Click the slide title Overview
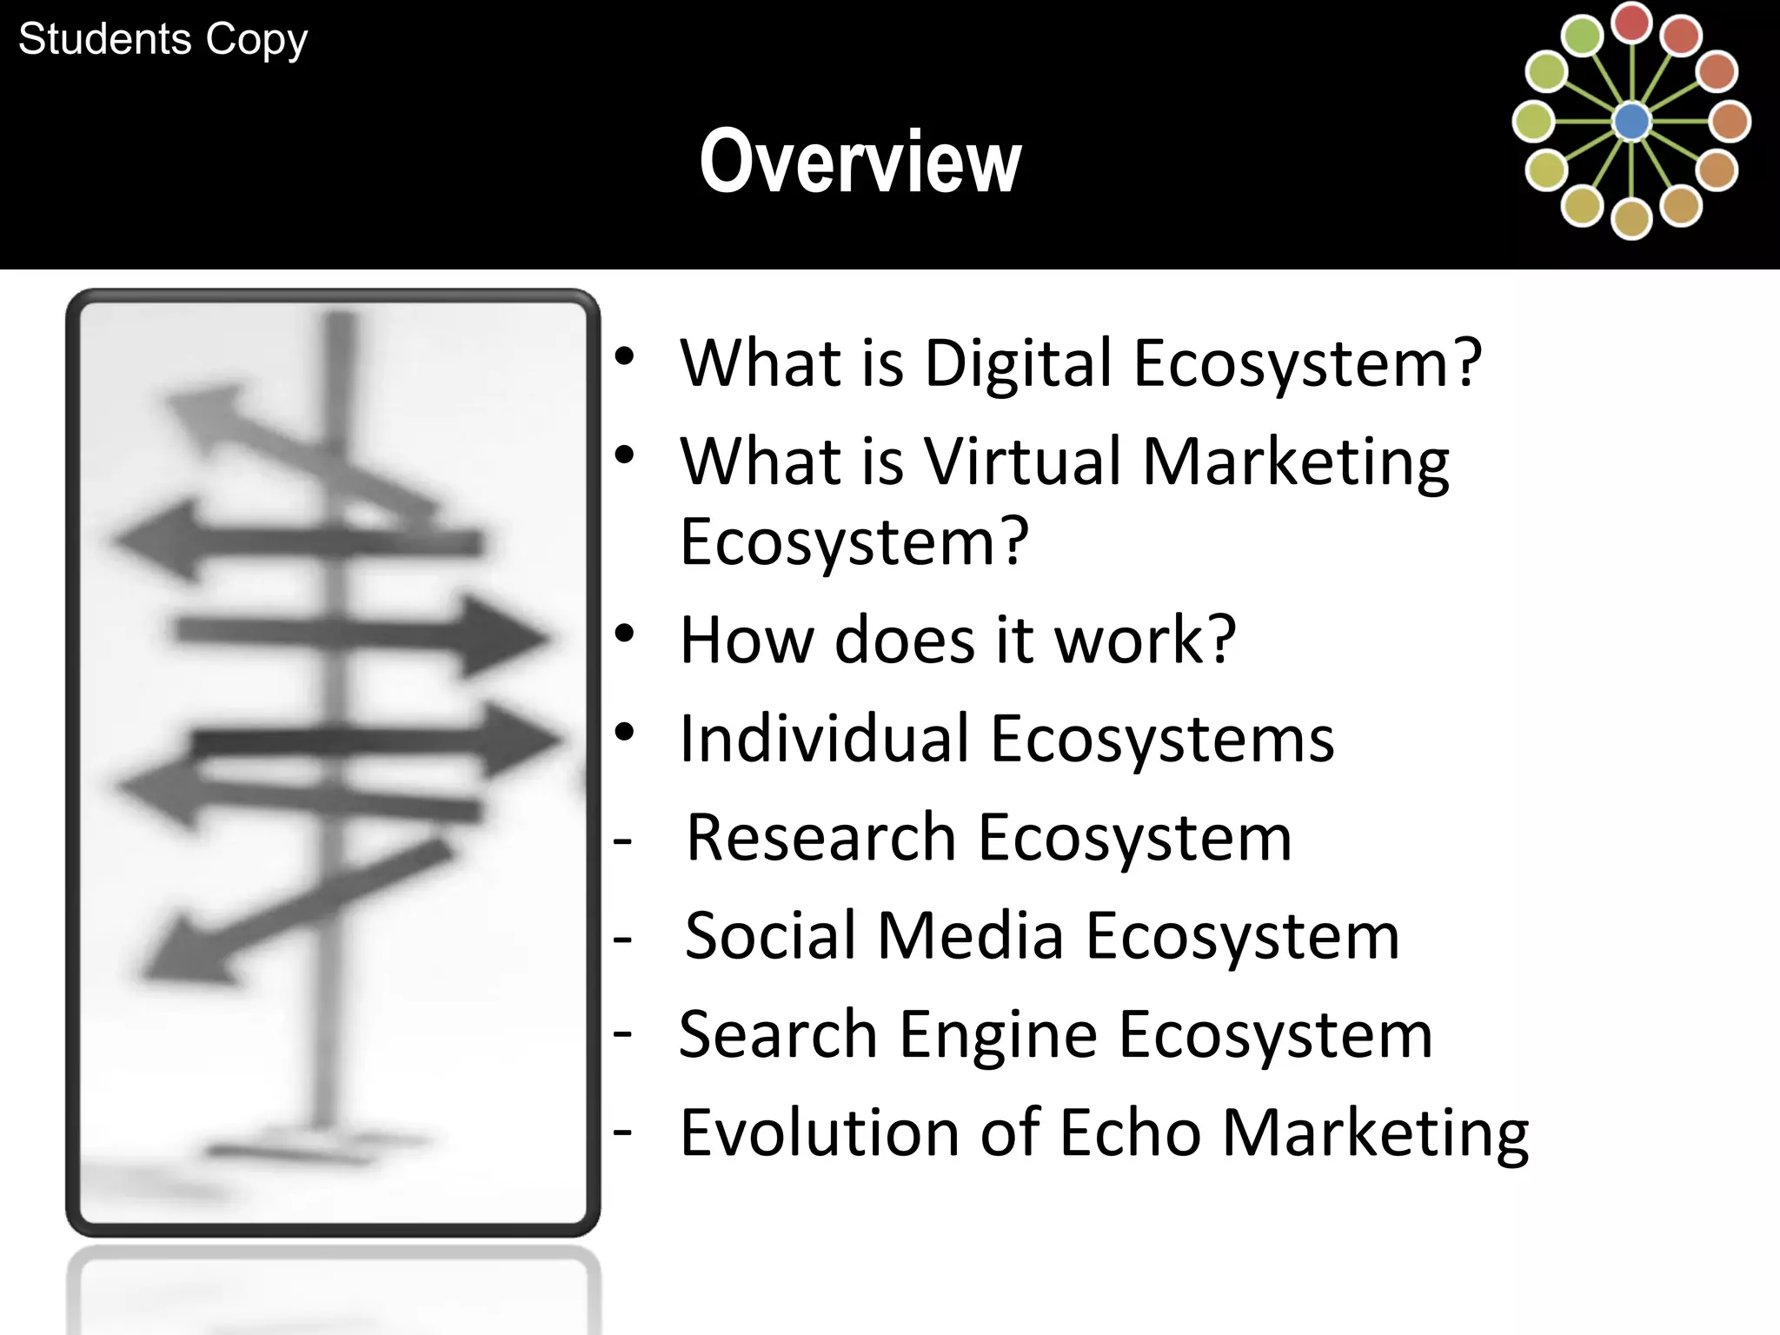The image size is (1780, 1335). [x=860, y=162]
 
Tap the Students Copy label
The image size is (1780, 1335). [x=163, y=39]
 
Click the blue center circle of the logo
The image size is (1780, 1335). [x=1631, y=122]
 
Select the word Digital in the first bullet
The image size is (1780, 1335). [x=1018, y=362]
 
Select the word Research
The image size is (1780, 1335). [x=820, y=838]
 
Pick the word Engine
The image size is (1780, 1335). [x=999, y=1035]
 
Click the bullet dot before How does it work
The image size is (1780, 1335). [x=624, y=634]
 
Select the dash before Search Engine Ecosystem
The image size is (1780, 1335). [x=622, y=1034]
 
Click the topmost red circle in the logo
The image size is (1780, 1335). [x=1631, y=23]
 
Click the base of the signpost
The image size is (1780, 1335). [x=322, y=1143]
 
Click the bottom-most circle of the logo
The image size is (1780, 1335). [x=1631, y=219]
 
